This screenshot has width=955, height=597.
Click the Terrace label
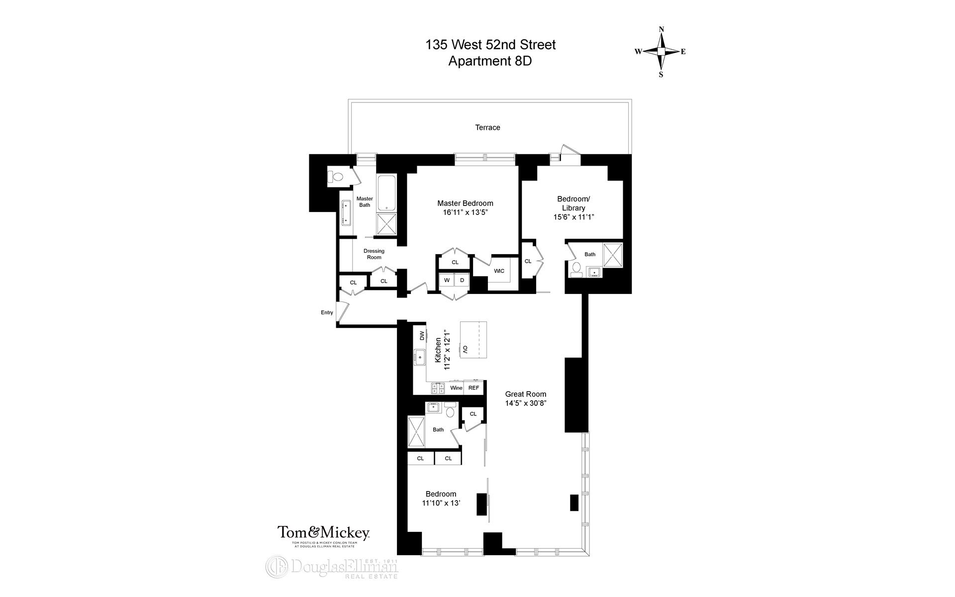487,127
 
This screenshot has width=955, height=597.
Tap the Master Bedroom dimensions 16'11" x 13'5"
465,212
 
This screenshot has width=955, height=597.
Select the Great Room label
526,394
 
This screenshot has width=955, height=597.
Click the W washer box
447,280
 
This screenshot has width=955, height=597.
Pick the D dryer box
462,280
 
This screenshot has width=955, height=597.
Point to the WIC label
499,271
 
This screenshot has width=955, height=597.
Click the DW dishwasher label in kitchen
422,336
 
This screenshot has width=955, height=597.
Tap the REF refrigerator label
474,388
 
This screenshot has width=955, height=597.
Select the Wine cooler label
456,388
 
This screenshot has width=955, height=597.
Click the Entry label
327,312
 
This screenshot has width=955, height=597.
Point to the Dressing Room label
374,254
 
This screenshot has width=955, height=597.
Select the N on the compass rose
662,29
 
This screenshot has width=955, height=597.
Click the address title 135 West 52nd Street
490,45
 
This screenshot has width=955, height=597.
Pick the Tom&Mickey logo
323,533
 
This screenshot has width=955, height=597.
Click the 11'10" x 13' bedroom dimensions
441,503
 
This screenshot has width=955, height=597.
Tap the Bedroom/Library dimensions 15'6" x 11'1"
574,217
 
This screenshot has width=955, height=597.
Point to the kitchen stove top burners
438,388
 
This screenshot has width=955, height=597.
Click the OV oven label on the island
466,349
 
